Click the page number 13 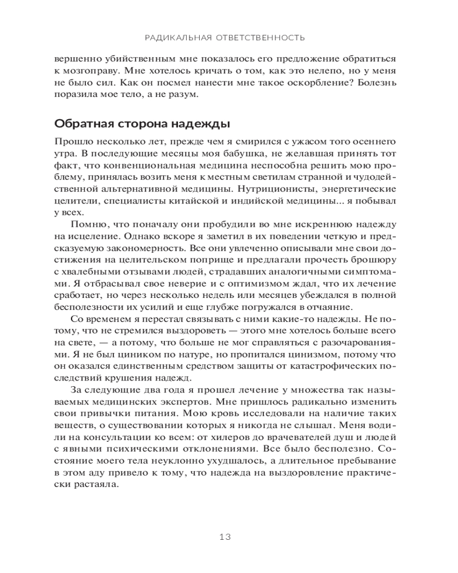tap(224, 537)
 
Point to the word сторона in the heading tap(137, 124)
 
